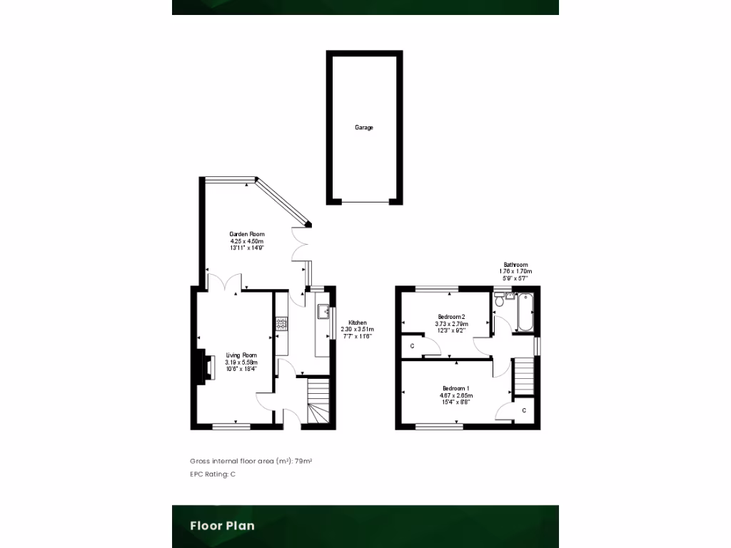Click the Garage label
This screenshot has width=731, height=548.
pyautogui.click(x=364, y=128)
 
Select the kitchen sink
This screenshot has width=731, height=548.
pyautogui.click(x=323, y=311)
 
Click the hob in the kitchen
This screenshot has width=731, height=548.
pyautogui.click(x=281, y=325)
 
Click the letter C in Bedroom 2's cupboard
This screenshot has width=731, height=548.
pyautogui.click(x=412, y=346)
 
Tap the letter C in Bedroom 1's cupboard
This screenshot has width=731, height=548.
pyautogui.click(x=524, y=410)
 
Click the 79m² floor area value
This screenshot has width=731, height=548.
pyautogui.click(x=304, y=462)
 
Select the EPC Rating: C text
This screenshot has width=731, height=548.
pyautogui.click(x=213, y=475)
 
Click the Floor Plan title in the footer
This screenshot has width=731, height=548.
pyautogui.click(x=222, y=526)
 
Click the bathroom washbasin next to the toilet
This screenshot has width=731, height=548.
pyautogui.click(x=509, y=295)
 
